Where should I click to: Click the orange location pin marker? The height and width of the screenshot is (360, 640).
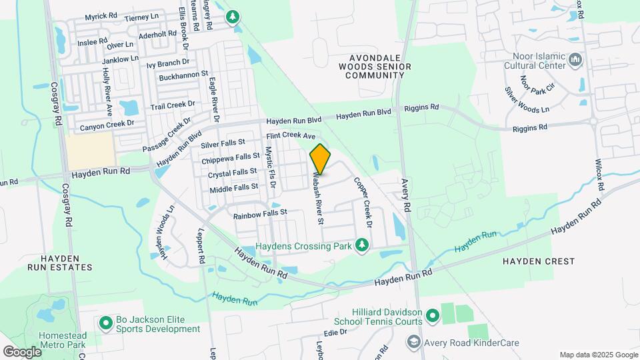point(320,159)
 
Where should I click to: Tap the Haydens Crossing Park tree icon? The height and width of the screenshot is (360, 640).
point(362,246)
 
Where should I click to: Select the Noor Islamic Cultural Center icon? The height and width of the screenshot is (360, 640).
point(576,62)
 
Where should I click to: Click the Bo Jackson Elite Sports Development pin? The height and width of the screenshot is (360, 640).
point(105,323)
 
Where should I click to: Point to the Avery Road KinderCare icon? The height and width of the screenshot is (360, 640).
point(413,341)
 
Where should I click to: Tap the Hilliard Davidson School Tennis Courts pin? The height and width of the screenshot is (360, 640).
point(433,314)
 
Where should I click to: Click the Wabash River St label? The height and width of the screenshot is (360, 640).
point(317,198)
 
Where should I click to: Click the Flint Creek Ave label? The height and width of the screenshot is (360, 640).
point(291,135)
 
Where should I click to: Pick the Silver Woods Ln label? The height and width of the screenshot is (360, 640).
point(527,100)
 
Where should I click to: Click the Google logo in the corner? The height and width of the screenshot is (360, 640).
point(21,351)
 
